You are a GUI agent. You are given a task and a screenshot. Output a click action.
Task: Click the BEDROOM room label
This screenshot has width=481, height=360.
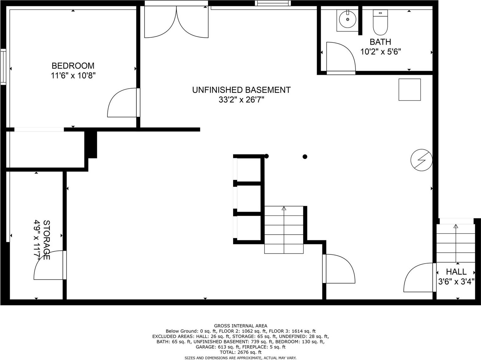pos(73,66)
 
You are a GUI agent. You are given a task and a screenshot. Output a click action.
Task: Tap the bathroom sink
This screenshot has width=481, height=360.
pos(347,19)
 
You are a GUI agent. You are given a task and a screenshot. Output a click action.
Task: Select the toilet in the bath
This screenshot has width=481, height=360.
pos(380,22)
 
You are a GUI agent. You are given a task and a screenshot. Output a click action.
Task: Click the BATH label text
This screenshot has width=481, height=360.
pos(380,42)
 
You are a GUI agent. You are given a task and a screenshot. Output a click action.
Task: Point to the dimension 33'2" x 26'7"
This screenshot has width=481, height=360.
pos(241,100)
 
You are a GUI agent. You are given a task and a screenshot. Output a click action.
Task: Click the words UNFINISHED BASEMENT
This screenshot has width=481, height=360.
pos(241,90)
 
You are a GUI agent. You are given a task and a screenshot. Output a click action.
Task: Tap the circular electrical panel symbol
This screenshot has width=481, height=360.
pos(421,160)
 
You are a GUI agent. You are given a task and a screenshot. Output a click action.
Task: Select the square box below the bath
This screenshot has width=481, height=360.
pos(410,90)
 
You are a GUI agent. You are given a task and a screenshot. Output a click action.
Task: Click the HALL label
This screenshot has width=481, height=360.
pos(456,272)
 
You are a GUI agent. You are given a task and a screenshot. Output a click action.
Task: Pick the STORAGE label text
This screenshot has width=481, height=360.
pos(47,240)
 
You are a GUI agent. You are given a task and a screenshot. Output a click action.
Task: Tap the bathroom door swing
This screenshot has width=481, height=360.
pos(341,57)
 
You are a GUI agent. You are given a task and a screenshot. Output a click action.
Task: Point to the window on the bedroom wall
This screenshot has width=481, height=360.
pos(3,67)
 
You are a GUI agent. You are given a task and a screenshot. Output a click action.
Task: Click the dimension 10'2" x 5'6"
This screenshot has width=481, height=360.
pos(381,52)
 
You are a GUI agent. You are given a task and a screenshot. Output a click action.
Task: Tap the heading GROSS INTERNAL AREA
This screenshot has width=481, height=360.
pos(241,326)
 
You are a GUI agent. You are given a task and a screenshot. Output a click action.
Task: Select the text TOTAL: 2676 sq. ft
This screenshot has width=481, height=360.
pos(241,352)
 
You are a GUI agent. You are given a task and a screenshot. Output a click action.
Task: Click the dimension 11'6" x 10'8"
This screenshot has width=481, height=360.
pos(73,76)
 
